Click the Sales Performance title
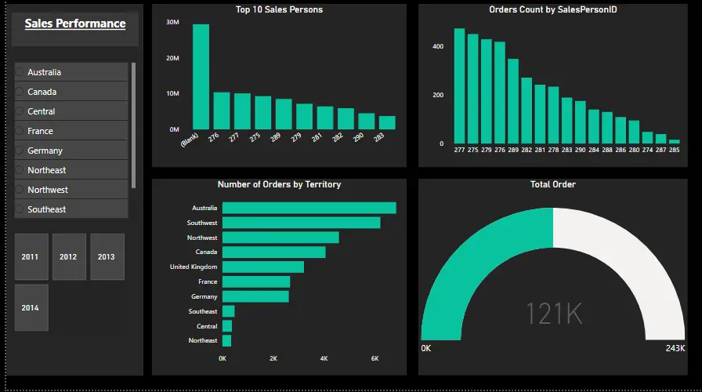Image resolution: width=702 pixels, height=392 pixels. [75, 24]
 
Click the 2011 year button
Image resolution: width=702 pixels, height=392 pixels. [31, 256]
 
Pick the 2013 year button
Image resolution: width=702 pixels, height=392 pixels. [107, 256]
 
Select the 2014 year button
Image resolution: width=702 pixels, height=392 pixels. [31, 307]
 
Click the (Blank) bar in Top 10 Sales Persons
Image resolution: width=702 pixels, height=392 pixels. [201, 77]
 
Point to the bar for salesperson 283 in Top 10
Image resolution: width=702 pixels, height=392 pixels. [387, 122]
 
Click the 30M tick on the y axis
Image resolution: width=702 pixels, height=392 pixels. [172, 22]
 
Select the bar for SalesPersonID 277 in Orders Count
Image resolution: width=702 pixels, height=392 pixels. [459, 86]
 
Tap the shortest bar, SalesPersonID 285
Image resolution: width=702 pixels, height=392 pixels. [674, 141]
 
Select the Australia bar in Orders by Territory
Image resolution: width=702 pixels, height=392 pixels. [309, 208]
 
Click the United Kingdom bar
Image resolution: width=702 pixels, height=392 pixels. [262, 267]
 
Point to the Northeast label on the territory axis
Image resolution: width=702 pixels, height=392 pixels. [203, 341]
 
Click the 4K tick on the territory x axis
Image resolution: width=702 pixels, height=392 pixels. [324, 358]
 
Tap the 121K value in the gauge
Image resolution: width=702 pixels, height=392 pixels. [553, 314]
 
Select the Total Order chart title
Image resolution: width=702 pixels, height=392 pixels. [553, 184]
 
